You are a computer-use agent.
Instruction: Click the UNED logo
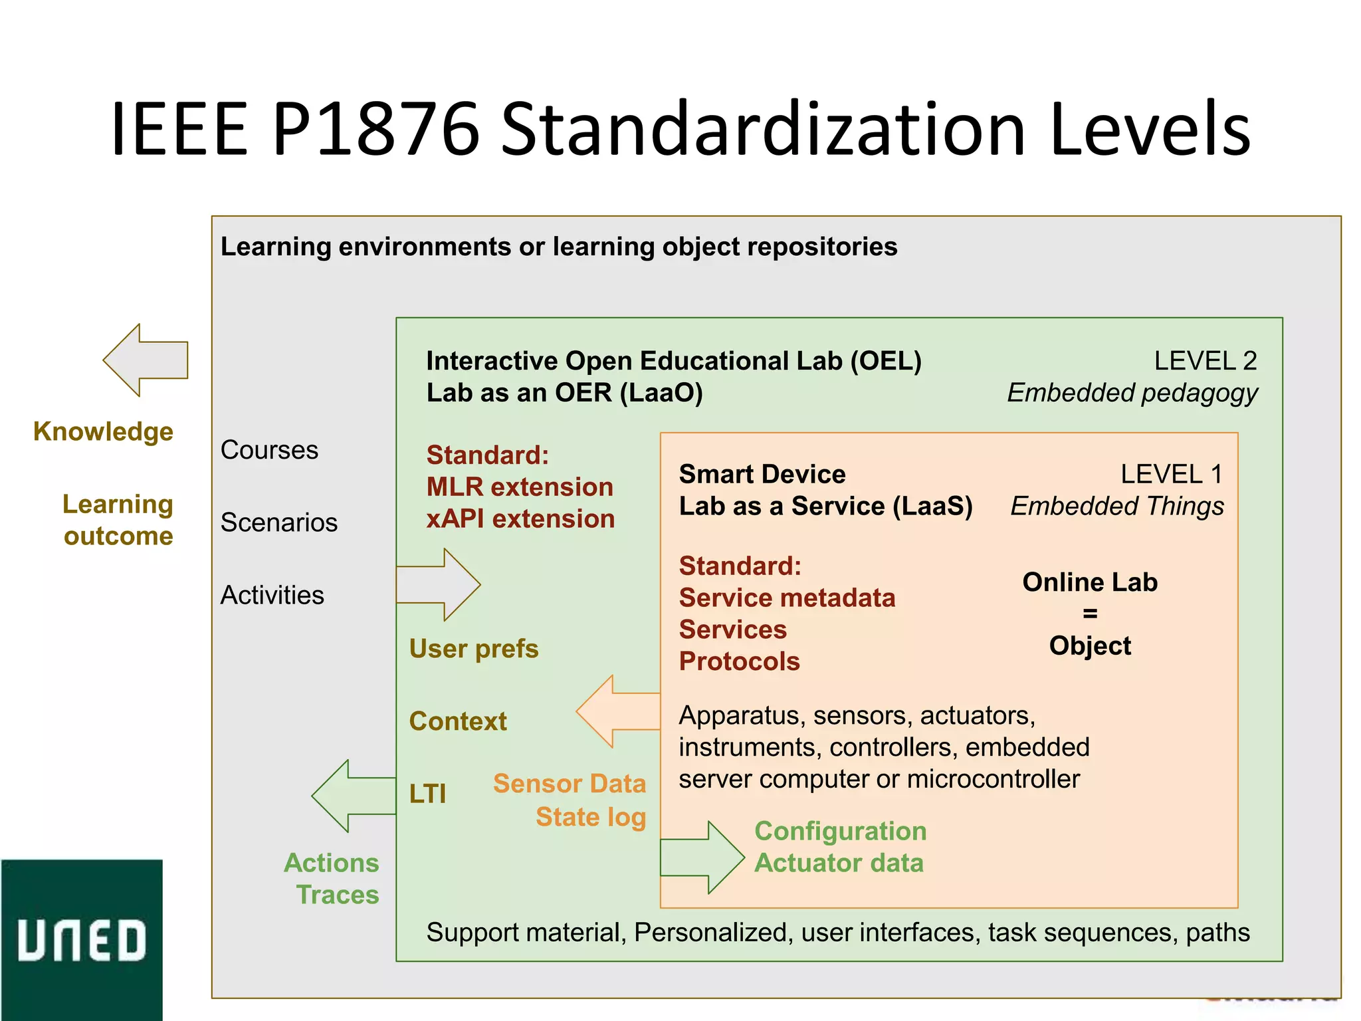(81, 939)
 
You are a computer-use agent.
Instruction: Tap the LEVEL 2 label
(1205, 361)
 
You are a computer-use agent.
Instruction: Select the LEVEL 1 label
(1171, 475)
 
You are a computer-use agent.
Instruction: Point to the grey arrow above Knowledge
(146, 360)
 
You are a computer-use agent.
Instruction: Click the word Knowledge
(103, 432)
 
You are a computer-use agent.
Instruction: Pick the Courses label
(269, 450)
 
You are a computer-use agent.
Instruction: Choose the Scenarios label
(278, 522)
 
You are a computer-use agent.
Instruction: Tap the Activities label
(272, 595)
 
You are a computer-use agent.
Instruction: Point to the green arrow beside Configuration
(702, 857)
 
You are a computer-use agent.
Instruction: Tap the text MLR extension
(520, 487)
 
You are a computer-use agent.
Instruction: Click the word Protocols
(739, 661)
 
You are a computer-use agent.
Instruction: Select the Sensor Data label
(569, 784)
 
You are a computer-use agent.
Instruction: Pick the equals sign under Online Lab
(1090, 614)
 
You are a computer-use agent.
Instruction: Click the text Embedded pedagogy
(1132, 393)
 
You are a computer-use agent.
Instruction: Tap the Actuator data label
(839, 863)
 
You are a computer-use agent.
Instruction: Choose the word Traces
(338, 895)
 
